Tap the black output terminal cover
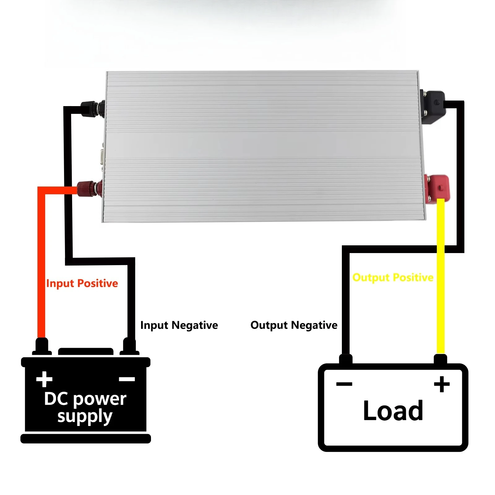(x=433, y=107)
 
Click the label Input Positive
(x=82, y=283)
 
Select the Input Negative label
(x=179, y=325)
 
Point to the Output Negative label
(x=294, y=325)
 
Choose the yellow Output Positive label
(x=393, y=278)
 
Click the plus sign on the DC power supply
(x=44, y=379)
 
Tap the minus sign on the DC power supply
(x=127, y=379)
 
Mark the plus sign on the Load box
(x=442, y=384)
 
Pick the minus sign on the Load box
(x=344, y=384)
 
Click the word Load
(x=393, y=411)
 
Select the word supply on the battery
(x=85, y=416)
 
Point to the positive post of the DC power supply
(x=42, y=346)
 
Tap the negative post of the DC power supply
(x=129, y=346)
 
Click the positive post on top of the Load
(x=441, y=359)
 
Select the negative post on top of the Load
(x=346, y=359)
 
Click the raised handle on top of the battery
(x=86, y=351)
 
